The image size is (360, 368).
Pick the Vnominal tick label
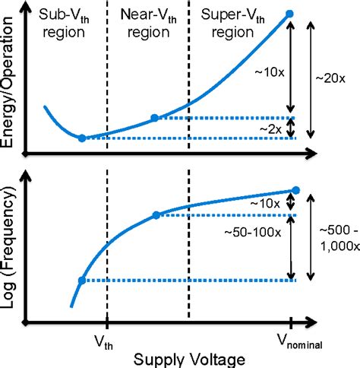pos(298,342)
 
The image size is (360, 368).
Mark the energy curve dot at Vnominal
pos(289,14)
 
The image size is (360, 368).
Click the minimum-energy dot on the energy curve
pos(82,138)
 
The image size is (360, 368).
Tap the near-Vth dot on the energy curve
pos(155,118)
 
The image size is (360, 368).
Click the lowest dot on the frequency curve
pos(82,281)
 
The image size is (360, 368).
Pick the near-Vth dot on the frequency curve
pos(156,215)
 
